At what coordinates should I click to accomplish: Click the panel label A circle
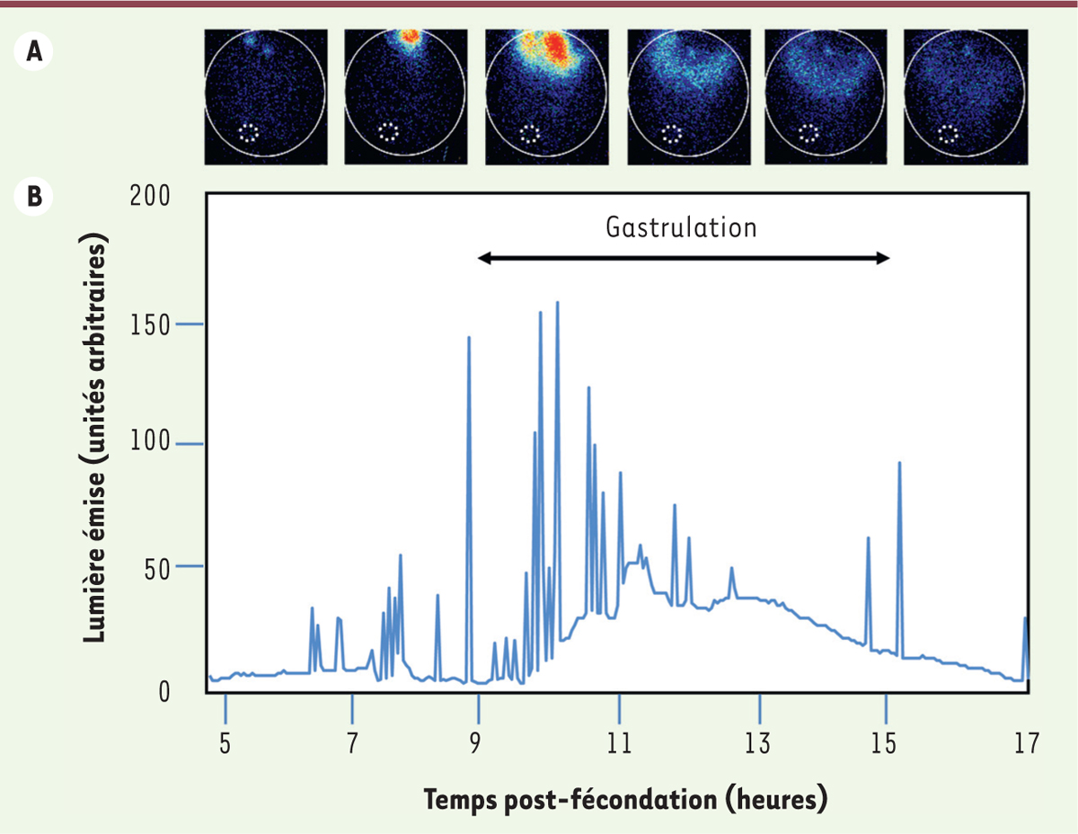35,51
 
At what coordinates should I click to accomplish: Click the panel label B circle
35,197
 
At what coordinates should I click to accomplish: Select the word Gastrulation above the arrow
681,227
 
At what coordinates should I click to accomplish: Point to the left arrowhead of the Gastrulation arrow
483,259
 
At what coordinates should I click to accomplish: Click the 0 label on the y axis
163,692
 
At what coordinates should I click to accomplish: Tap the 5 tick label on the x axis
225,743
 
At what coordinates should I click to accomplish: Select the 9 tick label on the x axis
479,743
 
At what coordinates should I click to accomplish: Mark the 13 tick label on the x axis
759,743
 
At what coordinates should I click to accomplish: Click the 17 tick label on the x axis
1026,743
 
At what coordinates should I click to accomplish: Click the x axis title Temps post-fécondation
623,798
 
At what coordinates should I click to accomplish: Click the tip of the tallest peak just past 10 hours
558,303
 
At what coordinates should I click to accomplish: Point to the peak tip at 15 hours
899,463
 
